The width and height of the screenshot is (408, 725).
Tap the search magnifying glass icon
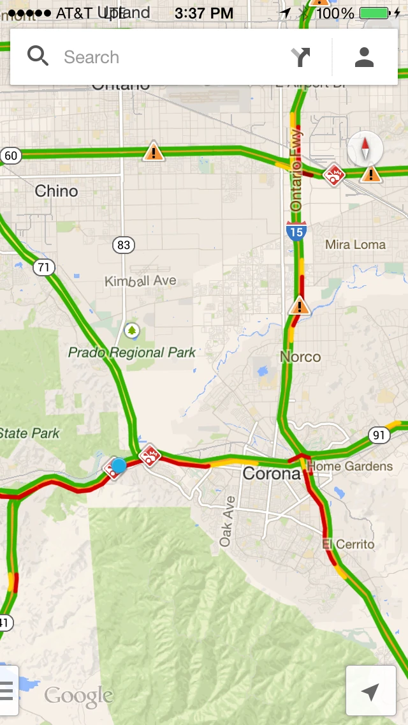[x=38, y=57]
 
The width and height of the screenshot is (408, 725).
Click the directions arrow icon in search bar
[x=301, y=57]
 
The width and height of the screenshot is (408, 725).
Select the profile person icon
[x=364, y=57]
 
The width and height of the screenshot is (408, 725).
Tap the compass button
[x=365, y=149]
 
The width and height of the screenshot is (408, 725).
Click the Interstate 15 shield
[x=296, y=230]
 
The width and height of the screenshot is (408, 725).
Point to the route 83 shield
[x=124, y=244]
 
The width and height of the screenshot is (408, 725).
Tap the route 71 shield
[x=43, y=267]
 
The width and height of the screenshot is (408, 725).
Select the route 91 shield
[x=379, y=435]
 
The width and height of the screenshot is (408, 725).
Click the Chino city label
[x=56, y=191]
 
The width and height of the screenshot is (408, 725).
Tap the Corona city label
[x=272, y=474]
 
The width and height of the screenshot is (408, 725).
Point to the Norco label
[x=300, y=356]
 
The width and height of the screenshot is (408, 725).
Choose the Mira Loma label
[x=355, y=244]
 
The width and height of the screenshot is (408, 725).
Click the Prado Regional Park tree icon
[x=132, y=330]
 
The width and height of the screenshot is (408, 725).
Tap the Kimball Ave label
[x=140, y=281]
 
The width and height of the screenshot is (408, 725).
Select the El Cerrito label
[x=348, y=544]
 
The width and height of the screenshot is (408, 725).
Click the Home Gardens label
[x=350, y=467]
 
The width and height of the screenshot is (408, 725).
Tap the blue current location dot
[x=119, y=465]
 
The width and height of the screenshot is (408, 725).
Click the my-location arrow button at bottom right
[x=370, y=691]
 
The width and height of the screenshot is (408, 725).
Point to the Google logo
[x=78, y=696]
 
